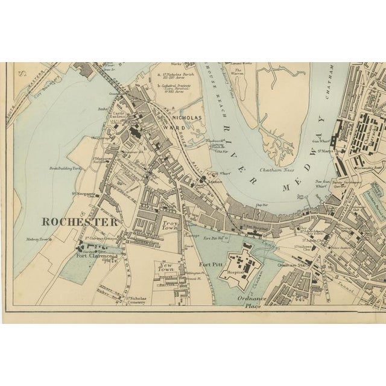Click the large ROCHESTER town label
point(78,221)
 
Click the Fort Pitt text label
point(213,264)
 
